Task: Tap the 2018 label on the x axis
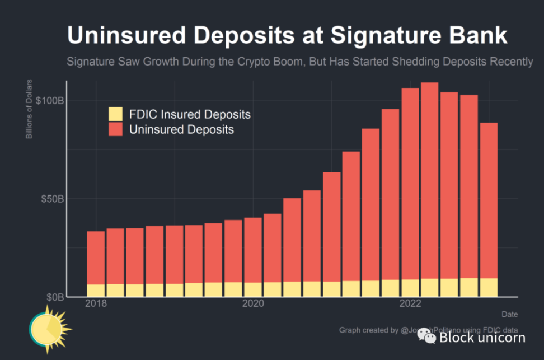click(96, 303)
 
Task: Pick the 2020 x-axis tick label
click(253, 303)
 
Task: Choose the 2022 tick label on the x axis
click(410, 303)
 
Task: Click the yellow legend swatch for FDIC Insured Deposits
click(116, 114)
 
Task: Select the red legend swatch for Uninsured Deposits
click(116, 129)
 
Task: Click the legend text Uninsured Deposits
click(181, 129)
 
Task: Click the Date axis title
click(509, 314)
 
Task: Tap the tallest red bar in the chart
click(429, 179)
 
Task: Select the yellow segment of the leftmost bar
click(96, 290)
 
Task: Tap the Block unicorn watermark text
click(482, 337)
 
